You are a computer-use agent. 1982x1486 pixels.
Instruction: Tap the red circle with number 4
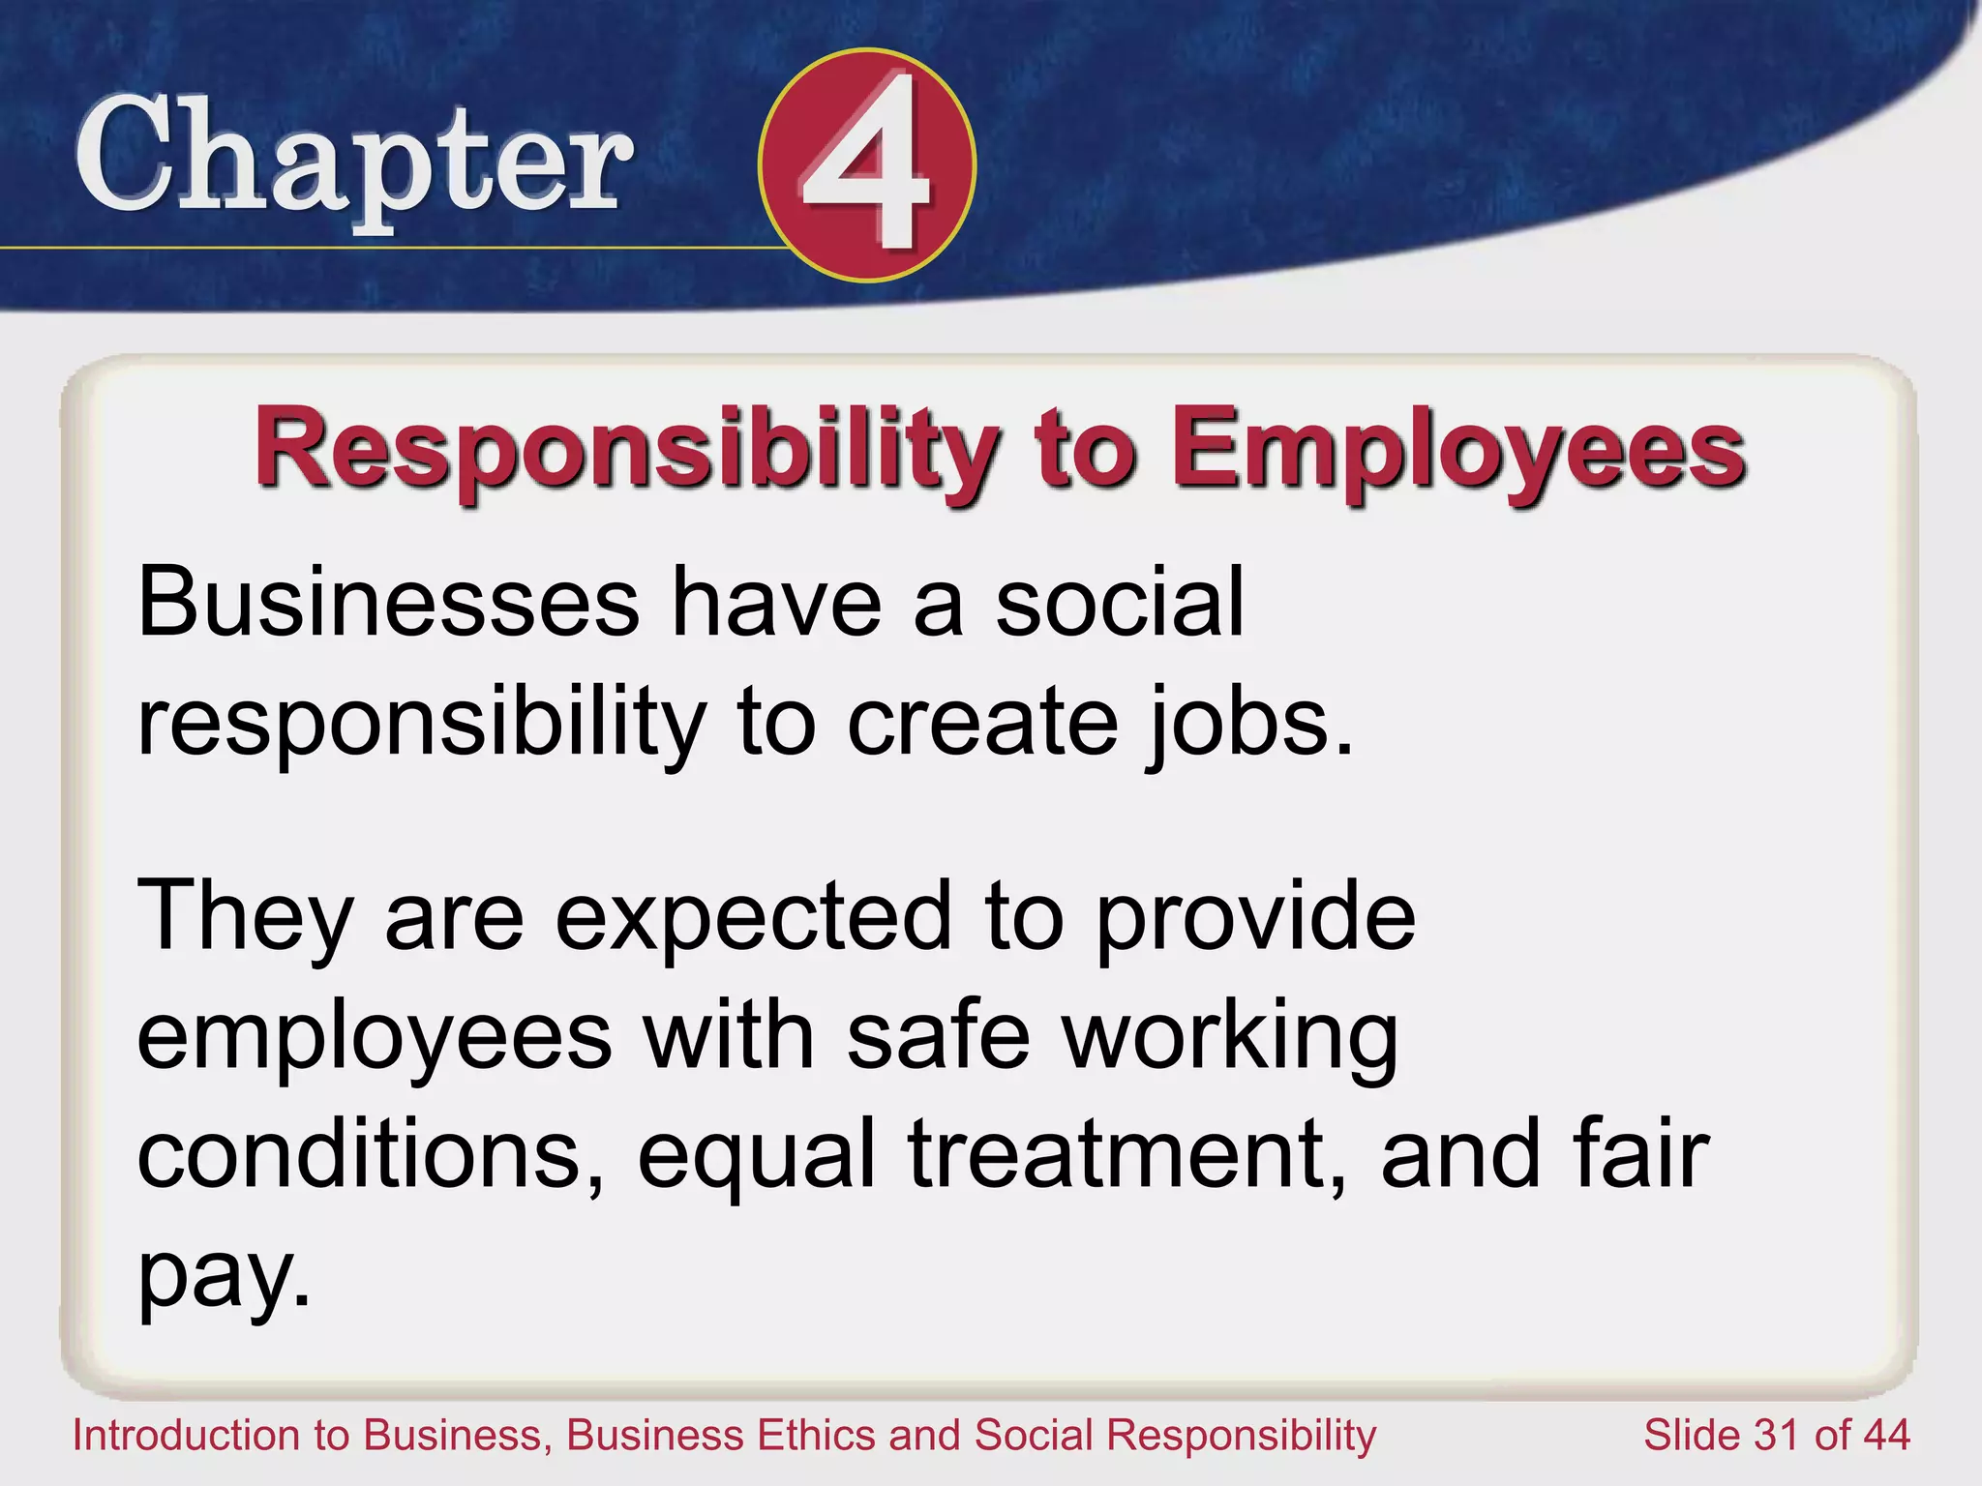pos(867,165)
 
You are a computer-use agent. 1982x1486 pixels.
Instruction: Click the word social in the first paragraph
pos(1120,604)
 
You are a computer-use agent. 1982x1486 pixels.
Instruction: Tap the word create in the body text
pos(982,724)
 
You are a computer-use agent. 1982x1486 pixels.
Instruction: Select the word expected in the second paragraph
pos(755,917)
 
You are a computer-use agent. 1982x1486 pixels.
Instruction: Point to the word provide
pos(1256,917)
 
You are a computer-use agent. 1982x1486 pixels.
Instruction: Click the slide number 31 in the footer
pos(1776,1435)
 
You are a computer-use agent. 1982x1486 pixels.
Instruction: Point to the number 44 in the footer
pos(1882,1435)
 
